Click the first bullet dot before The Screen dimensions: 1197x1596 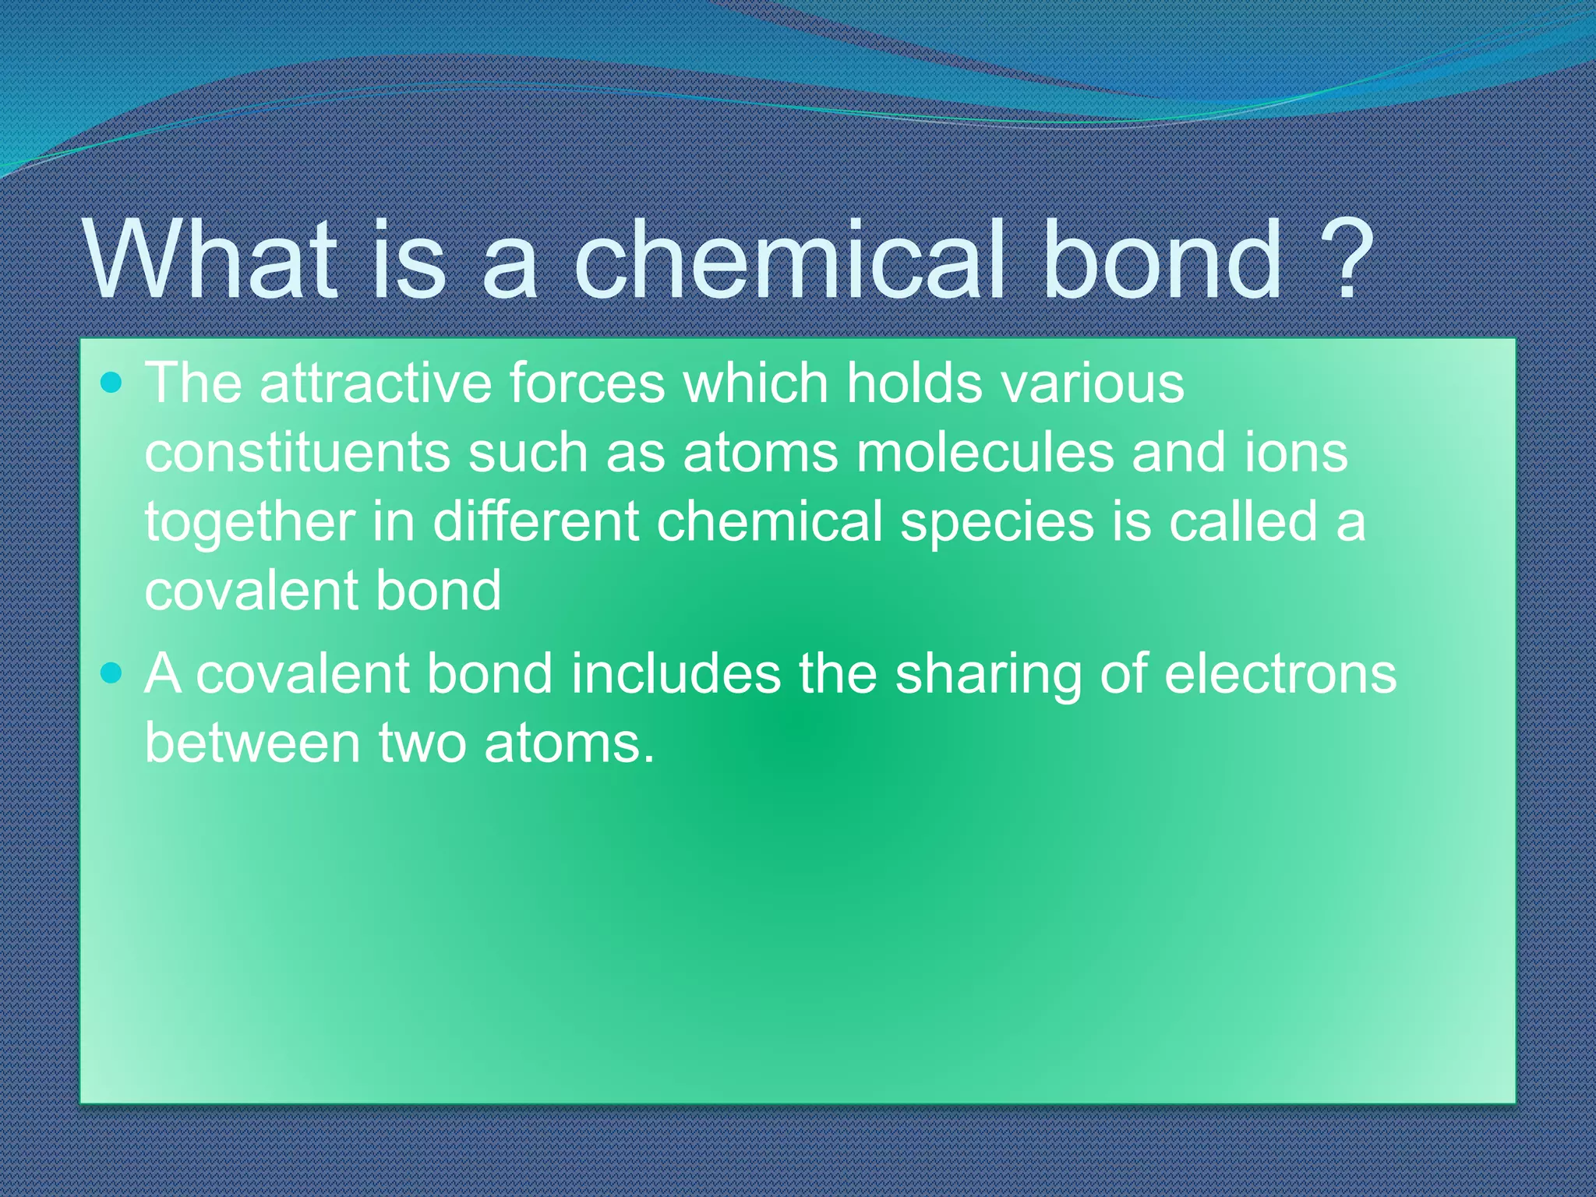coord(112,383)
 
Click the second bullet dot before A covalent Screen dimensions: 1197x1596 coord(112,672)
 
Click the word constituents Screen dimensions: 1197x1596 coord(297,453)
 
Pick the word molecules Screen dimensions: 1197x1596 coord(985,453)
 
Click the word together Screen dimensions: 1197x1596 coord(249,522)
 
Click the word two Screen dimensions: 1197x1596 coord(422,743)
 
